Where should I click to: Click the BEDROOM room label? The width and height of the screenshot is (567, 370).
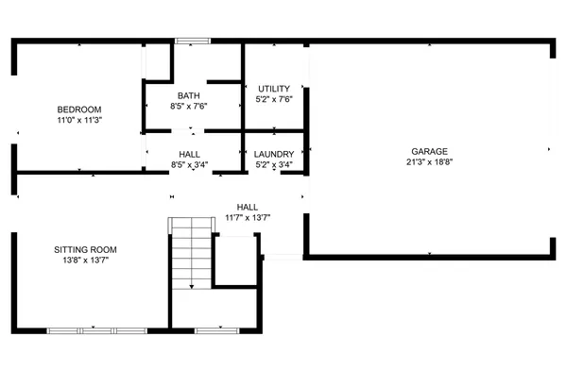point(79,109)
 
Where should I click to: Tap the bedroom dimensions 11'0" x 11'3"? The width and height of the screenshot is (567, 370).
point(79,121)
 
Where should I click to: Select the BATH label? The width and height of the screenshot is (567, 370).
point(188,95)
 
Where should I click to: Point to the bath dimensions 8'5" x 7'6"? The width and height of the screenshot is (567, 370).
point(188,106)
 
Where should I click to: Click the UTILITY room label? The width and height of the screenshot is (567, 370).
point(273,89)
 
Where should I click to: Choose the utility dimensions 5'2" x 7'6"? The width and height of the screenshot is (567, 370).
point(273,99)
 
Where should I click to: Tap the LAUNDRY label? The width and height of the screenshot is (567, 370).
point(274,154)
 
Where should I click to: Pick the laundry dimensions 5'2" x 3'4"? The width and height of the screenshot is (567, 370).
point(274,164)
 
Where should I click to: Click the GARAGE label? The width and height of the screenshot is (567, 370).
point(429,151)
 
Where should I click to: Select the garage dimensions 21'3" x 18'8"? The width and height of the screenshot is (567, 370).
point(429,161)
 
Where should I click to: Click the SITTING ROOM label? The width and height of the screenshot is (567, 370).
point(85,250)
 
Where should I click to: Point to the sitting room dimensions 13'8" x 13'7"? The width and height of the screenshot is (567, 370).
point(85,261)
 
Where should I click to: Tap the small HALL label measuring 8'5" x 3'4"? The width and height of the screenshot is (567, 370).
point(189,154)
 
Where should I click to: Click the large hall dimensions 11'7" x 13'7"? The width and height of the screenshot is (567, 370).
point(248,218)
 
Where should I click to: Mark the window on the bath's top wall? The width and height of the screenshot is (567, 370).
point(192,41)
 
